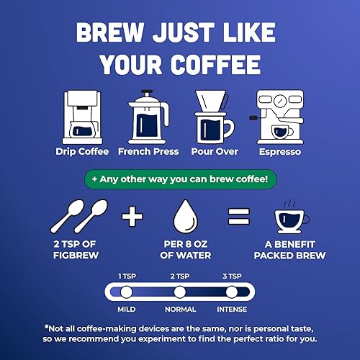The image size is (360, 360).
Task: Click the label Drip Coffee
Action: click(x=82, y=152)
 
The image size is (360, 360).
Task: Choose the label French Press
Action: click(x=148, y=152)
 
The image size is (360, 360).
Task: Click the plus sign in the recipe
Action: click(x=128, y=217)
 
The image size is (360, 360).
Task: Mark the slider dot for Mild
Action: click(x=125, y=292)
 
